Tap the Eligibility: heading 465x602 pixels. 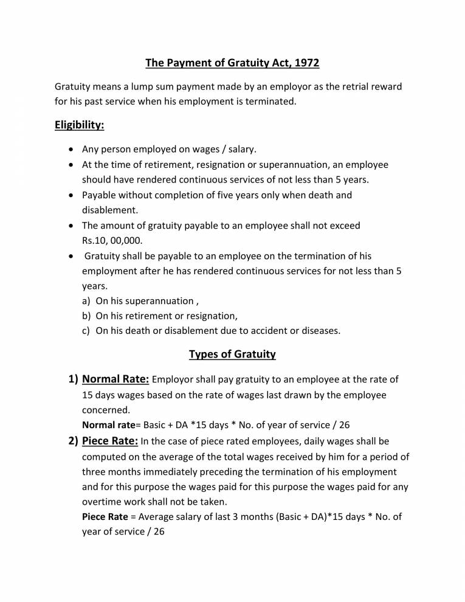(x=80, y=125)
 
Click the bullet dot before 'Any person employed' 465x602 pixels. (x=71, y=150)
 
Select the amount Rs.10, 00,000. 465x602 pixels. (x=112, y=240)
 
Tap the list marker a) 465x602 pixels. (x=86, y=301)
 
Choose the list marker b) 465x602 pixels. (x=86, y=316)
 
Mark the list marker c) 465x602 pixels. (x=86, y=331)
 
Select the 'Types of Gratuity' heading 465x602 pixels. (x=232, y=354)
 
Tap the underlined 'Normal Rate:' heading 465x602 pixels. (x=115, y=379)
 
